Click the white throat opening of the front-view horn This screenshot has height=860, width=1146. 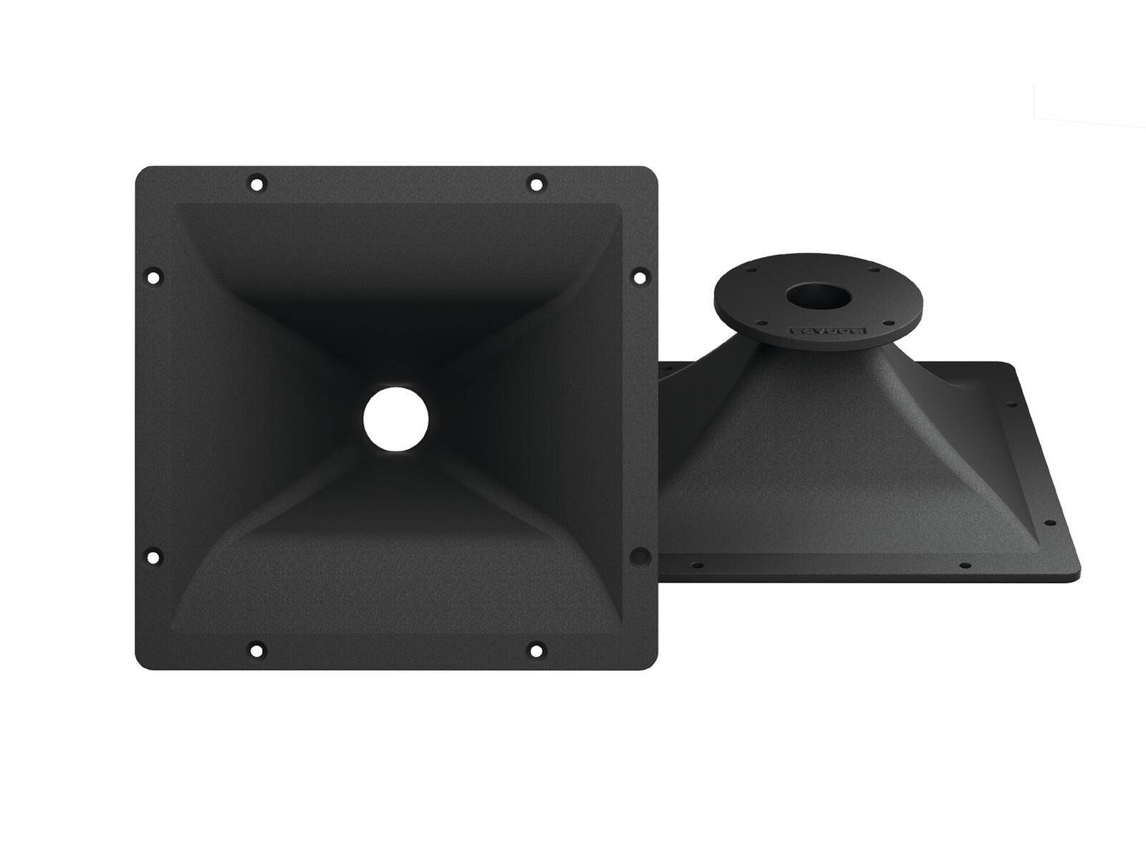click(x=395, y=420)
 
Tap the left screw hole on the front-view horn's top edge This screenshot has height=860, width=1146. click(x=256, y=183)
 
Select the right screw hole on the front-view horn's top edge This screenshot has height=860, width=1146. click(x=536, y=183)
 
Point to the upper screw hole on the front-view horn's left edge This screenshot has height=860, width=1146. click(x=153, y=275)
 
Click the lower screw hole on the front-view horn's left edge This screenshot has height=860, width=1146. click(x=153, y=555)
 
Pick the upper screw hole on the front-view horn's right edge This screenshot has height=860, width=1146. click(x=639, y=275)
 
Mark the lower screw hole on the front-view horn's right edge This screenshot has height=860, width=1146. click(x=639, y=555)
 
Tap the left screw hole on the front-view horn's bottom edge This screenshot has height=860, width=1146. click(x=256, y=651)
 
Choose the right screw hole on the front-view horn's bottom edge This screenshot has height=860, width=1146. click(x=536, y=651)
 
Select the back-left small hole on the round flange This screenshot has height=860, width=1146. click(x=753, y=271)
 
